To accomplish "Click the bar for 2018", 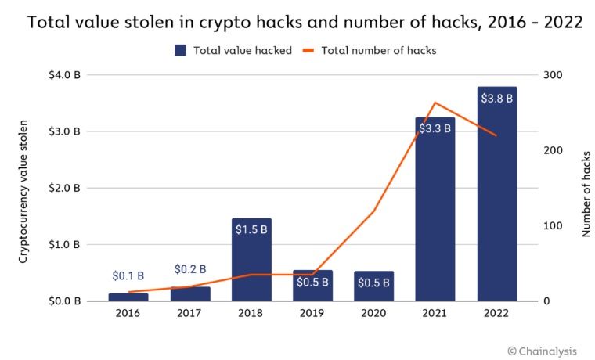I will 251,262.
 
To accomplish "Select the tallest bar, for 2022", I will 496,203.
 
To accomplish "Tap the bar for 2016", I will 128,297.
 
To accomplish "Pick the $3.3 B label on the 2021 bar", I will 435,128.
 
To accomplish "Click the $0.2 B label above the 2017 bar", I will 190,269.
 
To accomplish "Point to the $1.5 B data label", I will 251,230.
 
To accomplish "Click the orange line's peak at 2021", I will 435,103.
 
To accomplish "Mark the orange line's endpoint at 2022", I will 496,135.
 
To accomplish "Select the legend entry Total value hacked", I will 233,50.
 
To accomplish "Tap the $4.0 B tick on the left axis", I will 65,75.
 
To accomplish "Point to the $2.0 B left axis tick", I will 65,188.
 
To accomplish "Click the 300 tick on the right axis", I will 552,75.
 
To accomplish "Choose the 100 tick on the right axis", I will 552,225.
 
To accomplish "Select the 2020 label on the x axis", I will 373,314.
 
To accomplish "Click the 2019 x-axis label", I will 312,314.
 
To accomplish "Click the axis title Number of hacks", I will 586,188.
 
